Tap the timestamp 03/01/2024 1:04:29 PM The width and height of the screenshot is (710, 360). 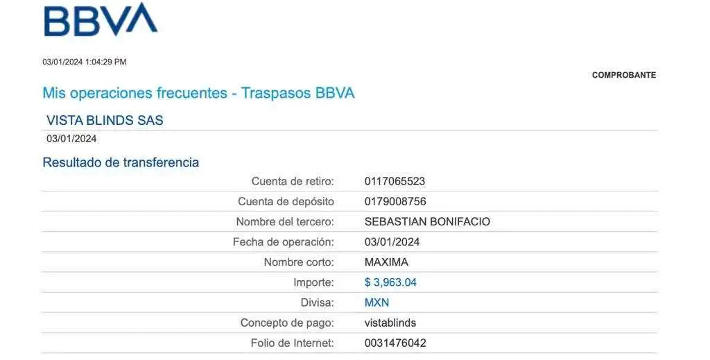85,62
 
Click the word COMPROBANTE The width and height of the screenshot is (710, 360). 624,75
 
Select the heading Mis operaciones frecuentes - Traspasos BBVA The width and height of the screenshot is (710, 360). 193,93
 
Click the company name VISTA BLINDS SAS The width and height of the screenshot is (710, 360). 105,120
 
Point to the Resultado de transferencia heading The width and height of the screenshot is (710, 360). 121,163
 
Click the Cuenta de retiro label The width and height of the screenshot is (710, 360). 293,182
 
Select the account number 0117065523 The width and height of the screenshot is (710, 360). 395,182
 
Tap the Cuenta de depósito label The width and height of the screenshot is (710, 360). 286,202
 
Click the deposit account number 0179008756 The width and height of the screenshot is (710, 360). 395,202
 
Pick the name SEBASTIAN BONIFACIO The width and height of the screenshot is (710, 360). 428,222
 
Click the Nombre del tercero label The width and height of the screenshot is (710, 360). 285,222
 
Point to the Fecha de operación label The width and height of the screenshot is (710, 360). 284,242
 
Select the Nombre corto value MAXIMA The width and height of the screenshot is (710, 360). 386,262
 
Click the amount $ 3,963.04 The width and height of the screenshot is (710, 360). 390,282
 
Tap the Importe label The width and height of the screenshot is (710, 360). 314,282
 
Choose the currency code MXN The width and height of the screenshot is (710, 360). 376,303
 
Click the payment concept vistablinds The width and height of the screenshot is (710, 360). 390,323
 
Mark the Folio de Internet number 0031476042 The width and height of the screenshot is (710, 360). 395,343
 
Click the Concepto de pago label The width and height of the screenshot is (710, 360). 287,323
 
